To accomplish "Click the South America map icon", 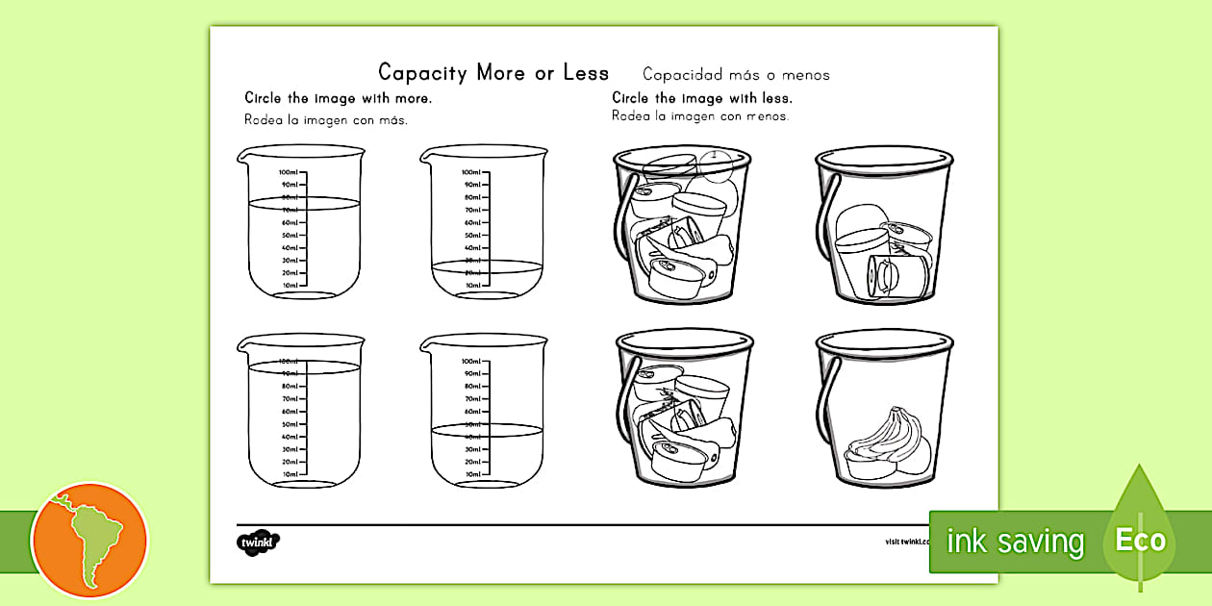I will coord(89,540).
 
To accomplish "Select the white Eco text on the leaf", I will coord(1141,540).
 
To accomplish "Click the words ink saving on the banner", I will coord(1015,542).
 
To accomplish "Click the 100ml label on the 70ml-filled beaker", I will coord(288,172).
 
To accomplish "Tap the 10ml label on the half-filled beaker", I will coord(472,474).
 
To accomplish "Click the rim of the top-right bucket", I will coord(883,154).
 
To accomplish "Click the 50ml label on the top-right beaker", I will coord(472,235).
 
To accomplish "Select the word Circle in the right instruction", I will coord(631,98).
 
